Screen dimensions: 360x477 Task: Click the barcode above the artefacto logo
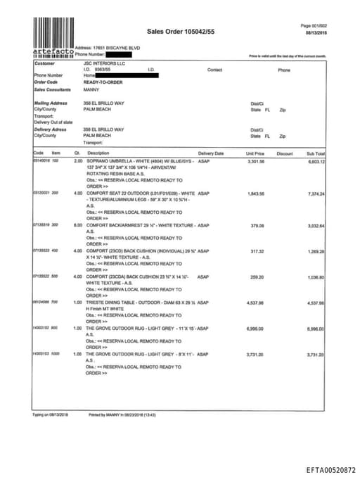pyautogui.click(x=53, y=32)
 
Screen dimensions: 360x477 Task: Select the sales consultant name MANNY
pyautogui.click(x=91, y=90)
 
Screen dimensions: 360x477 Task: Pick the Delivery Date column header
pyautogui.click(x=211, y=153)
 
